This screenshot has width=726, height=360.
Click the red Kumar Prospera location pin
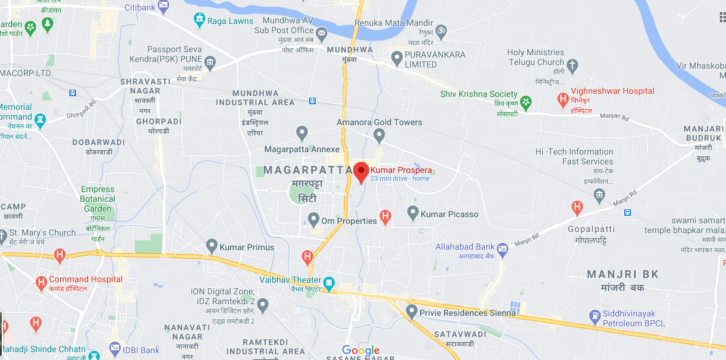click(x=361, y=172)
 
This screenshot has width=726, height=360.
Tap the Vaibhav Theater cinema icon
click(x=329, y=282)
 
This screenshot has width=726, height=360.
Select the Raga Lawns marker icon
click(x=199, y=21)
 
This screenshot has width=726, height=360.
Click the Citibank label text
click(x=140, y=7)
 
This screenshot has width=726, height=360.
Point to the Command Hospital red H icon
click(x=41, y=283)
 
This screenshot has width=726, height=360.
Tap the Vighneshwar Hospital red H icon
click(x=562, y=99)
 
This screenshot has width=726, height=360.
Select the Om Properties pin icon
click(x=313, y=219)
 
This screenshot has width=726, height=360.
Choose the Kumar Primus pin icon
click(x=212, y=247)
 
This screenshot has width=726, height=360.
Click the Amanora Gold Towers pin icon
click(x=380, y=134)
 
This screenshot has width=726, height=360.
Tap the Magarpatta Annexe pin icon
click(x=302, y=132)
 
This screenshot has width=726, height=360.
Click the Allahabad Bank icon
click(x=503, y=249)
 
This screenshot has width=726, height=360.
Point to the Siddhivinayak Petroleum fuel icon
click(x=594, y=317)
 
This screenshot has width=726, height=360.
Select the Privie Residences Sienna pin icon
click(x=411, y=312)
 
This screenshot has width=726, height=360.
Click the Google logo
click(x=361, y=351)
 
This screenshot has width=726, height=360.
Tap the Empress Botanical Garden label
click(x=97, y=199)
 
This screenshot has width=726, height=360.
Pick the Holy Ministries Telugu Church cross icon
click(x=573, y=64)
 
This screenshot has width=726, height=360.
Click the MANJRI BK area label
click(x=623, y=274)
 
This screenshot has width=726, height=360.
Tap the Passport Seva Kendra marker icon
click(x=210, y=61)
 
